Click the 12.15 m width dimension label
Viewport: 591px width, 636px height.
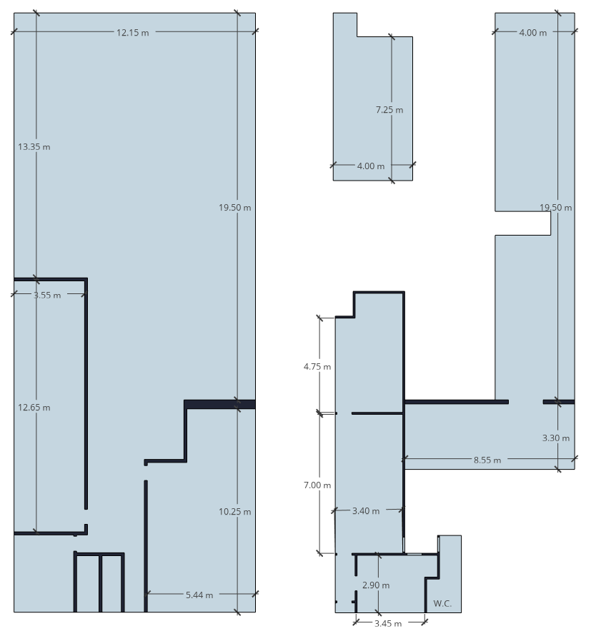point(132,33)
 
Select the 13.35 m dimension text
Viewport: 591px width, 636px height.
point(34,147)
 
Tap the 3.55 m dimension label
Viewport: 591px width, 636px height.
point(47,296)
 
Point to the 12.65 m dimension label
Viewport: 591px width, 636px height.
point(34,408)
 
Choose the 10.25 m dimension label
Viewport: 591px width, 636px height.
point(235,512)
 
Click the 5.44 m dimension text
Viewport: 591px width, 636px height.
point(199,595)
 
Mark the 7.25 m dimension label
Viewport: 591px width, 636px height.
point(389,110)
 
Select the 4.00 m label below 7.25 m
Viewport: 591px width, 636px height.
point(370,166)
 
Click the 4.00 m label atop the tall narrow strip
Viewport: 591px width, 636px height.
point(533,33)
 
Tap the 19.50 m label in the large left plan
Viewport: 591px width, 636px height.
point(235,208)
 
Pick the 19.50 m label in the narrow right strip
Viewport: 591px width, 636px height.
point(556,208)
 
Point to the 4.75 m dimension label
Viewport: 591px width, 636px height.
point(317,367)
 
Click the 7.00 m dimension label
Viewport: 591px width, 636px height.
point(317,485)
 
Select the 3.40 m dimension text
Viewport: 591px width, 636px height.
point(366,511)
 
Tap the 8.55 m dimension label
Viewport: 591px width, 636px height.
point(487,460)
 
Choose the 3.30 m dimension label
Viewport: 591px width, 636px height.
point(556,438)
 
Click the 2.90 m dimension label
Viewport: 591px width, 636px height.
point(376,585)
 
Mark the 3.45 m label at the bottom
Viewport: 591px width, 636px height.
point(388,623)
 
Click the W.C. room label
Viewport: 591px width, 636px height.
point(442,604)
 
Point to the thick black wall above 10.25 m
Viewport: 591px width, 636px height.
point(219,404)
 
